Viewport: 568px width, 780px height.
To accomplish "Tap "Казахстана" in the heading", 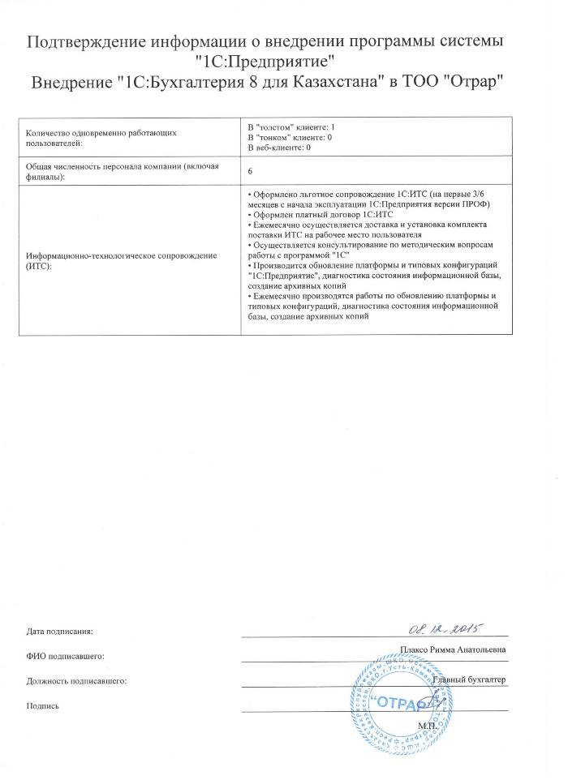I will pos(330,84).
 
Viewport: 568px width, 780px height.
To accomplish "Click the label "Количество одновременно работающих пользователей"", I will pos(101,135).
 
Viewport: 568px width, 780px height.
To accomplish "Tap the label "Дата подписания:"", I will pos(60,631).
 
